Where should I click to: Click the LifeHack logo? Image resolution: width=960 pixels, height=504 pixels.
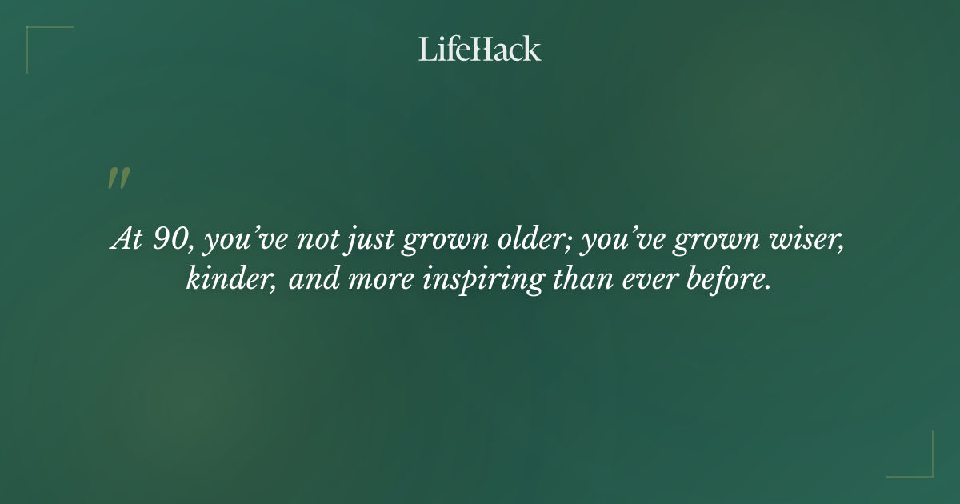point(480,49)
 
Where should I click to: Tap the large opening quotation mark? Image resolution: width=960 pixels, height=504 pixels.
point(118,178)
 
